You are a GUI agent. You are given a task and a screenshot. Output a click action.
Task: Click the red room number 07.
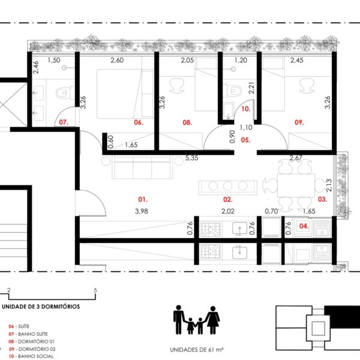tap(64, 122)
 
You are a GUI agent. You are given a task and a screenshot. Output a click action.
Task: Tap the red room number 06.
tap(139, 122)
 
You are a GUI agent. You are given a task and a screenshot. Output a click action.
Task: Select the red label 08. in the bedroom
tap(187, 122)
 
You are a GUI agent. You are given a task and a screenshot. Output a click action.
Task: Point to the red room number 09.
tap(299, 122)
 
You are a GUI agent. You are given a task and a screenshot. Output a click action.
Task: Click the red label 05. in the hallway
tap(245, 140)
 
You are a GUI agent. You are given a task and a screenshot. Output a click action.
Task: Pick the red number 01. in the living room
tap(143, 199)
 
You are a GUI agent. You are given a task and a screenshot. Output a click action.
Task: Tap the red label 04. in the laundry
tap(304, 226)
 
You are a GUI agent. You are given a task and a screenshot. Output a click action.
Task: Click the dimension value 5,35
tap(192, 158)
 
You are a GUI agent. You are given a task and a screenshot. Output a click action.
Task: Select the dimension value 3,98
tap(142, 211)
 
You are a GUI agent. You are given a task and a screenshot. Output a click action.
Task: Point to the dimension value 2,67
tap(296, 158)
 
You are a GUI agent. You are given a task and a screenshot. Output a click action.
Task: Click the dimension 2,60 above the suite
tap(117, 60)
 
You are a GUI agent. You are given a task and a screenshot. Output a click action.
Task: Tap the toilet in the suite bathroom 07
tap(65, 93)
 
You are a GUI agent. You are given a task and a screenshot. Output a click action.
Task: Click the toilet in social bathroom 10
tap(232, 91)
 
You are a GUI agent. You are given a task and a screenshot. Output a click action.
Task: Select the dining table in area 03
tap(296, 185)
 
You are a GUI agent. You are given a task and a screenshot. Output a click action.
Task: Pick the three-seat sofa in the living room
tap(142, 167)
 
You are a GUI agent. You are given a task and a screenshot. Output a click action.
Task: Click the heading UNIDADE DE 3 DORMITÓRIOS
tap(41, 307)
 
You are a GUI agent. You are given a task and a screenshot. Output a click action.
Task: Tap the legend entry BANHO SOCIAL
tap(36, 356)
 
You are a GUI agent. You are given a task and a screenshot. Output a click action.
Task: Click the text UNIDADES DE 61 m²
tap(197, 350)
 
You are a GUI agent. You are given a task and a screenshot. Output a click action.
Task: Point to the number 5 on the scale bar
tap(95, 290)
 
